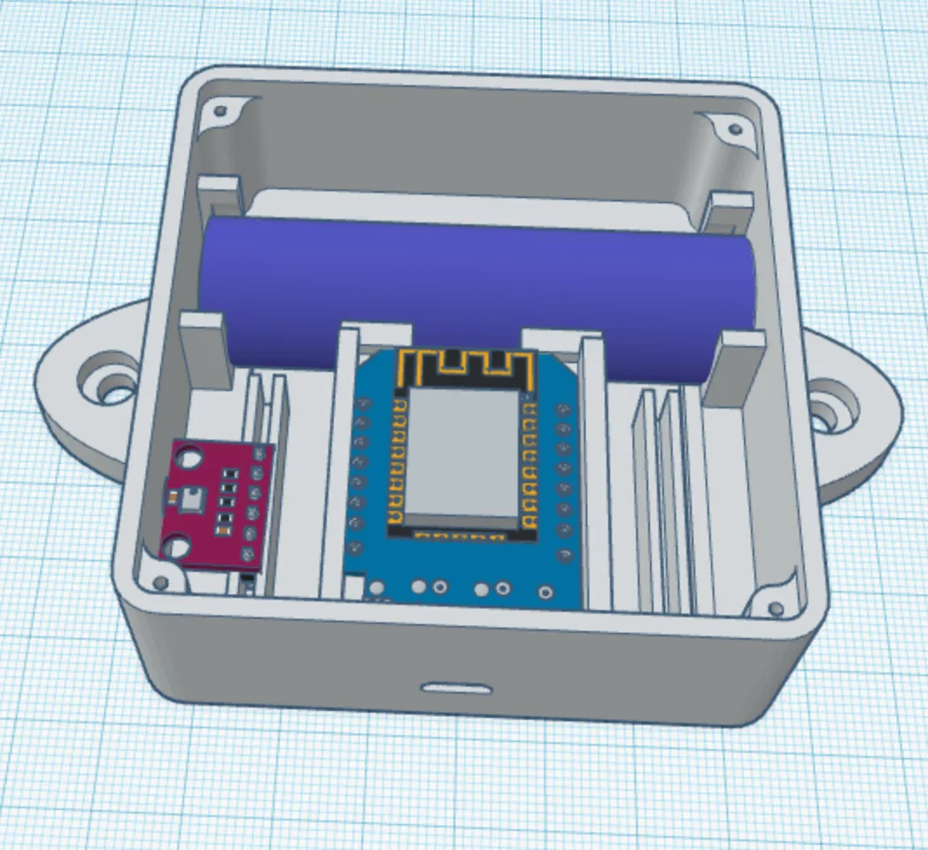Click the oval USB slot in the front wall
pyautogui.click(x=455, y=688)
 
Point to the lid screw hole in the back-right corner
pyautogui.click(x=734, y=130)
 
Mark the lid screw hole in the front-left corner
pyautogui.click(x=160, y=582)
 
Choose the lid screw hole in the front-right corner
pyautogui.click(x=776, y=608)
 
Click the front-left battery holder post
pyautogui.click(x=205, y=350)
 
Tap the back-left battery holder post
pyautogui.click(x=219, y=197)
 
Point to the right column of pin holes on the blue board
pyautogui.click(x=561, y=478)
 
